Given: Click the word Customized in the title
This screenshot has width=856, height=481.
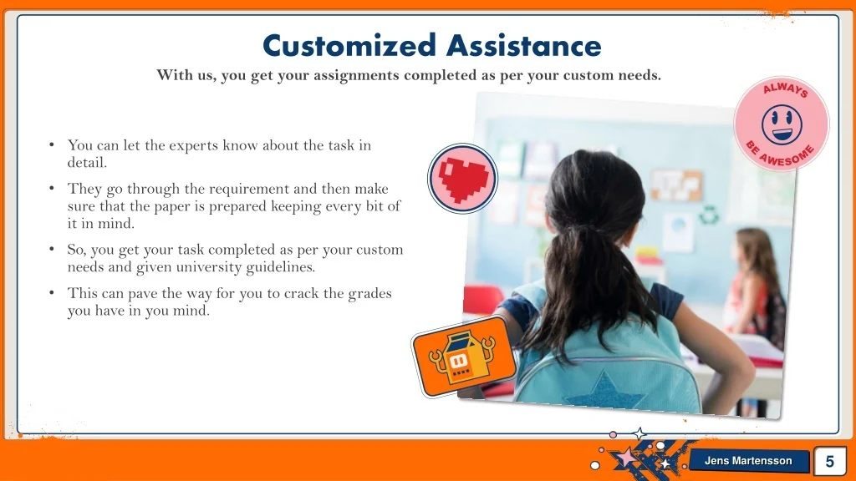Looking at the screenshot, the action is click(349, 45).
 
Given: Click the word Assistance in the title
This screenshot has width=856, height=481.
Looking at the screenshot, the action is click(524, 45).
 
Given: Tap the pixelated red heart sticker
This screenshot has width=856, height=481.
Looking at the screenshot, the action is click(463, 179).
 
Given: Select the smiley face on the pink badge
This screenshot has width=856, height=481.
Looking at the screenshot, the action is click(782, 125).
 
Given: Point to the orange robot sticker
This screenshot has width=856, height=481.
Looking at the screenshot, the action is click(463, 356).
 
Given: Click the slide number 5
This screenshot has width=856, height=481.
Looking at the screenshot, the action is click(829, 461).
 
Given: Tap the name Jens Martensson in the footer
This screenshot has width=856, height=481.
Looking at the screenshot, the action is click(748, 461).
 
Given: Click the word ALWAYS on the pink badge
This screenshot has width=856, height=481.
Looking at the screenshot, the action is click(786, 89).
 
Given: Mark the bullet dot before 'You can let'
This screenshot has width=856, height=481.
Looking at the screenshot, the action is click(52, 144).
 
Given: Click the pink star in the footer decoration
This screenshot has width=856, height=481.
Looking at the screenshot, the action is click(626, 457).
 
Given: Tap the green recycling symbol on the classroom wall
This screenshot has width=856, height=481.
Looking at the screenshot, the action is click(709, 215).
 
